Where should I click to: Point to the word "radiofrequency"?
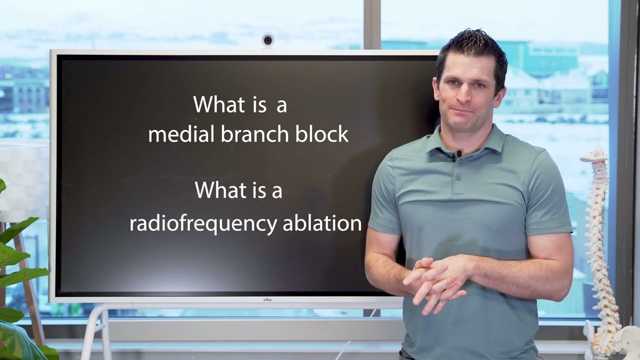coord(202,223)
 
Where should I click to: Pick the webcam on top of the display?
coord(267,40)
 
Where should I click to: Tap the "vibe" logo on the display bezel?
coord(267,299)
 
